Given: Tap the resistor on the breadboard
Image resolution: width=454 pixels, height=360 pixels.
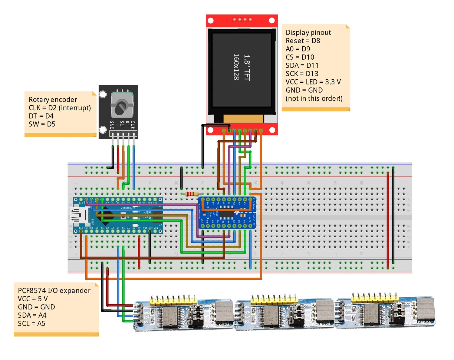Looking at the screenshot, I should point(192,194).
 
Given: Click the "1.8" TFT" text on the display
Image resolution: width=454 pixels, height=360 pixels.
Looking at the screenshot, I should point(247,68).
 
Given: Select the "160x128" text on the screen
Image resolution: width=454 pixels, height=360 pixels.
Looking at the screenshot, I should point(236,67).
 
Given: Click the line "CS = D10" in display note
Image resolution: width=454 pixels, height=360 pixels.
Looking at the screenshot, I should point(300,57).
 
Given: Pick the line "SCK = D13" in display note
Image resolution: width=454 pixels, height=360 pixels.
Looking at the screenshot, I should point(302,74).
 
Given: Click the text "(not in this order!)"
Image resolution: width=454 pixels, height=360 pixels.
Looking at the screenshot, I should point(314,98).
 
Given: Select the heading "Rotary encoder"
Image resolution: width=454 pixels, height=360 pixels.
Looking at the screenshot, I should point(53,100).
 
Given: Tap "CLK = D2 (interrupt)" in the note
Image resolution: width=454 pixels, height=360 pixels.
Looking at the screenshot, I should point(60,108).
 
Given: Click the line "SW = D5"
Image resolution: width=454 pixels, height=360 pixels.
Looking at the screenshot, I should point(42,124).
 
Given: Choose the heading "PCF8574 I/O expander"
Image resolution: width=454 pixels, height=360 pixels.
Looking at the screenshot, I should point(54,291).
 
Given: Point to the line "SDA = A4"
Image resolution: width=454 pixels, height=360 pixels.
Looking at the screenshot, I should point(32,315).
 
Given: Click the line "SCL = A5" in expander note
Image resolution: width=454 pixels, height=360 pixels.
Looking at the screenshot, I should point(31,323).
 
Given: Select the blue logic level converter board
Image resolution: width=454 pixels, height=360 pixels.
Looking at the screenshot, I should point(227,213).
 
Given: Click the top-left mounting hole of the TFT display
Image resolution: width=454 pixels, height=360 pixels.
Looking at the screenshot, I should point(211,21).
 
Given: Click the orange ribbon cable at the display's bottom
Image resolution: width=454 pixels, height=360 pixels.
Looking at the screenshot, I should point(243,118).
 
